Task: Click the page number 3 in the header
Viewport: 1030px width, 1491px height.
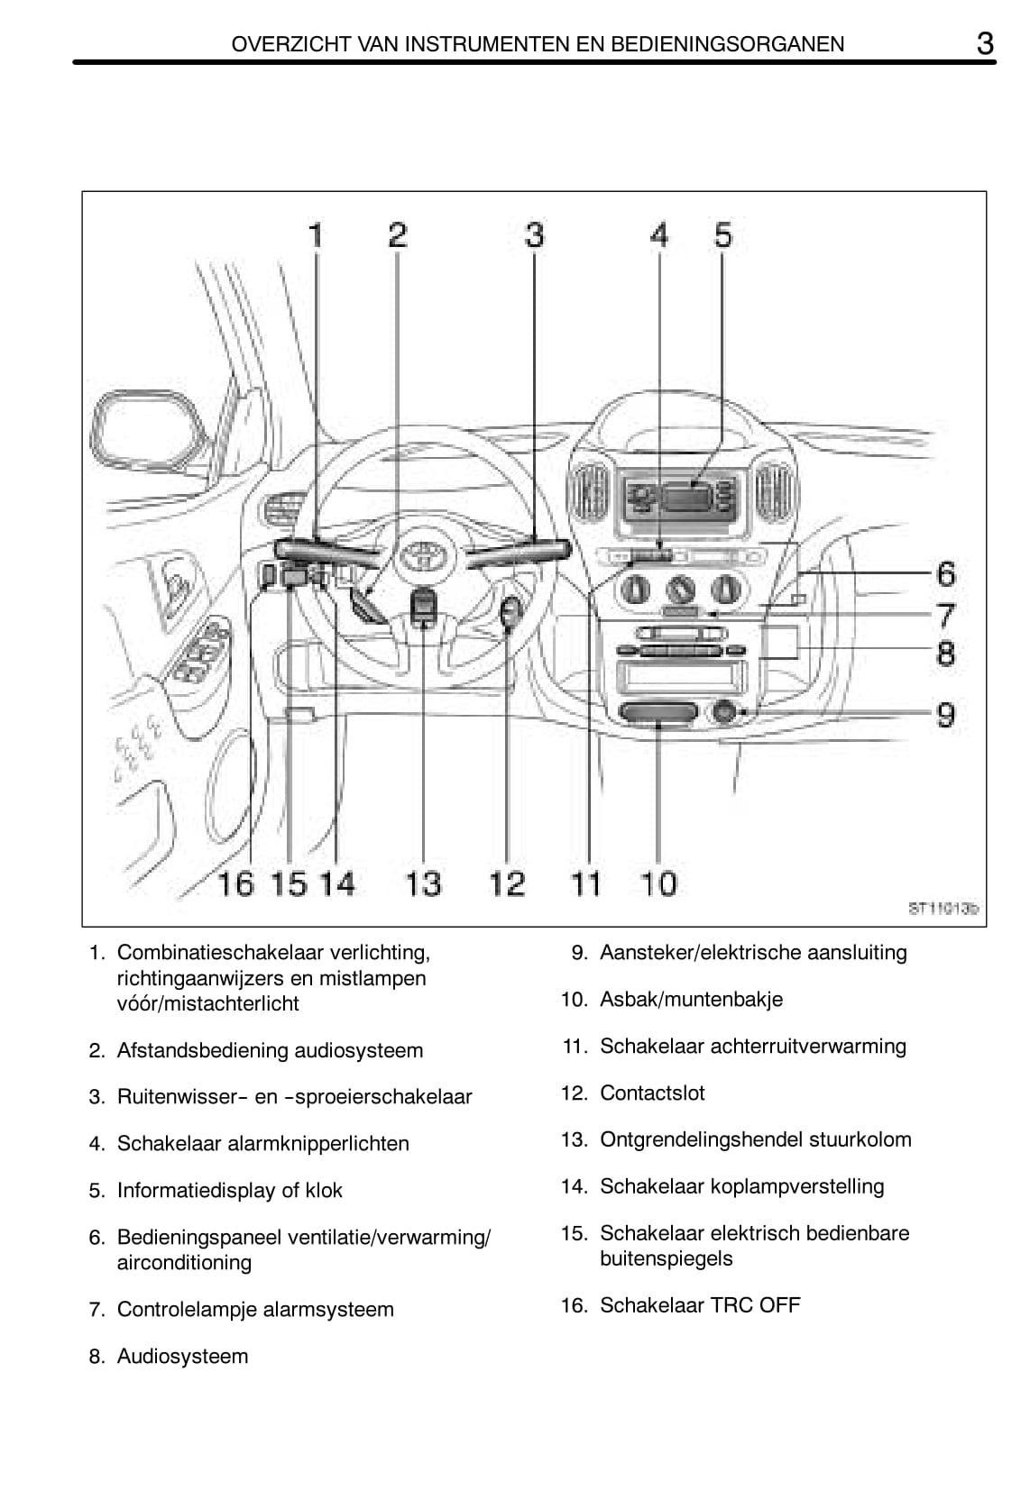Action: [985, 43]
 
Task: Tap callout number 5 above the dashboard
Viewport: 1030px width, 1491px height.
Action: [723, 234]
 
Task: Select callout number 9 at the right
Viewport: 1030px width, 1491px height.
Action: [945, 715]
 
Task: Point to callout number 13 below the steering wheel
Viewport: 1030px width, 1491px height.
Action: [423, 883]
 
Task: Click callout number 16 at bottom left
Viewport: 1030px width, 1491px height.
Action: [236, 883]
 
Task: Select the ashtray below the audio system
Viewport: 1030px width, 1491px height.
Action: [658, 714]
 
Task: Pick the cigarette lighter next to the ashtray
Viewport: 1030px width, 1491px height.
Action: [724, 712]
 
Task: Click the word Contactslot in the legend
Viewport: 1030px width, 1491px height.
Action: [652, 1093]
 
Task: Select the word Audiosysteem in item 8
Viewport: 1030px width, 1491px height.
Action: [182, 1356]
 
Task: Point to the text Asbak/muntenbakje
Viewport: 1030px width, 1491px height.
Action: [691, 999]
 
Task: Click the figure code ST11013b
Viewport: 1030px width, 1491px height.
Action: [943, 909]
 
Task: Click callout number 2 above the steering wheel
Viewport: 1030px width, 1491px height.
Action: [398, 234]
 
